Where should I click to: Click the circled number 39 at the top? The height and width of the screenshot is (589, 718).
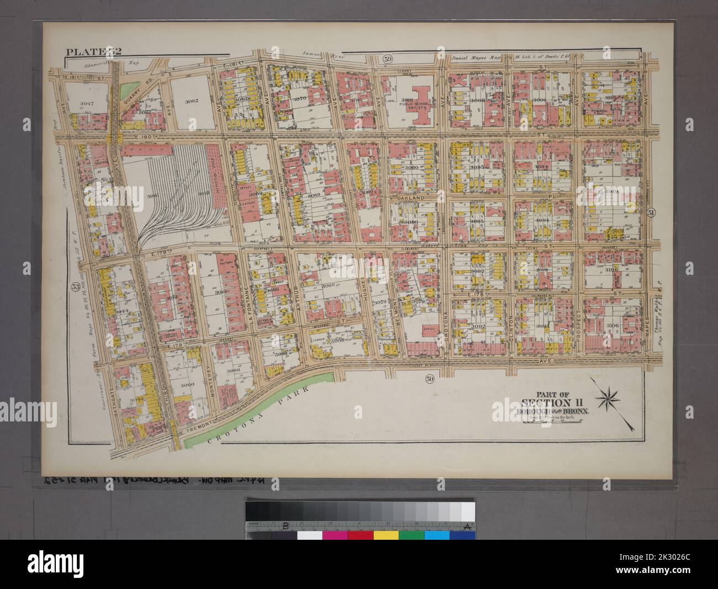coord(388,58)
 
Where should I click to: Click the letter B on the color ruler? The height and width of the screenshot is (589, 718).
coord(286,525)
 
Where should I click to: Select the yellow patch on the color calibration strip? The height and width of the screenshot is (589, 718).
coord(385,535)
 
